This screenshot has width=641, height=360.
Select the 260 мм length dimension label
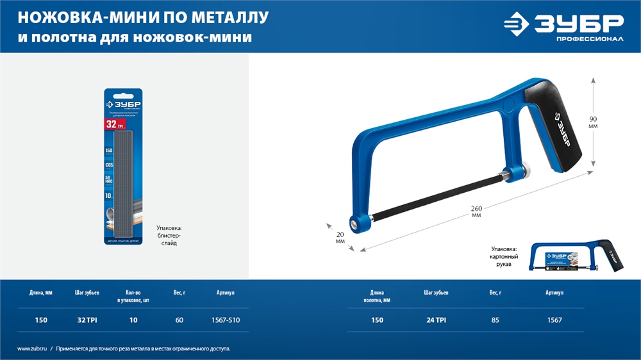[476, 211]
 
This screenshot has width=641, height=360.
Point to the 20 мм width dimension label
[340, 238]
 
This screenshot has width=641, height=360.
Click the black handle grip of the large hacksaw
[551, 125]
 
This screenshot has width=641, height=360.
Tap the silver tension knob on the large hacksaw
[529, 170]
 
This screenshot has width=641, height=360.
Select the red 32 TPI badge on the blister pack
[113, 123]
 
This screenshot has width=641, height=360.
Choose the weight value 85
[495, 320]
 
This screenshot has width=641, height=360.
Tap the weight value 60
[179, 320]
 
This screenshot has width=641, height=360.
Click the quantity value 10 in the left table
[134, 320]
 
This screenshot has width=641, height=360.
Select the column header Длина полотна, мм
[376, 295]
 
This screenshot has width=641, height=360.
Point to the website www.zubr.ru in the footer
[32, 348]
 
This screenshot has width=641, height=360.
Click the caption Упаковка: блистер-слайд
[169, 236]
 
